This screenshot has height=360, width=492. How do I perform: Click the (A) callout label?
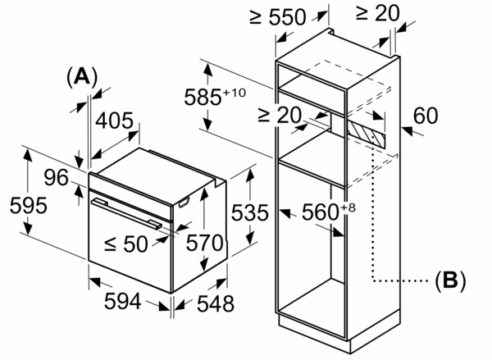coord(81,76)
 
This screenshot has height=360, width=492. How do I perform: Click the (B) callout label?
coord(449,280)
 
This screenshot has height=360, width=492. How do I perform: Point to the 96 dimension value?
coord(56,176)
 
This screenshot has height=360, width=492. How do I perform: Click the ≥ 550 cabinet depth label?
coord(279,16)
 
